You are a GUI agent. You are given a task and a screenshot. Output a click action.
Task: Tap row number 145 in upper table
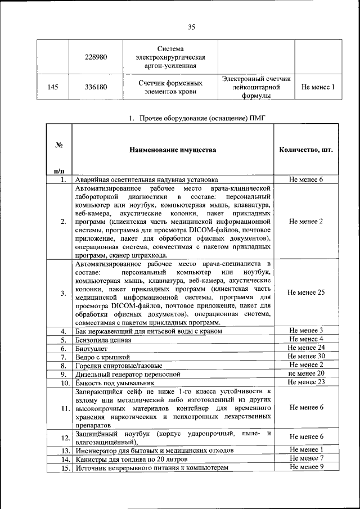point(53,87)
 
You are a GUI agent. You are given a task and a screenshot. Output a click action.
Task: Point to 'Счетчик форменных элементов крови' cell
point(170,87)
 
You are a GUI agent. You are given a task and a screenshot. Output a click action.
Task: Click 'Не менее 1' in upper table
point(318,87)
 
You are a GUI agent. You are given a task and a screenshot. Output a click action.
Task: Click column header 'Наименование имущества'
point(172,150)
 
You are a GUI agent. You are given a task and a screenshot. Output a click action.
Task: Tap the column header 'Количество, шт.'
point(305,150)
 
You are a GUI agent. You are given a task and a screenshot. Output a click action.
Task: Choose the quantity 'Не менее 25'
point(305,292)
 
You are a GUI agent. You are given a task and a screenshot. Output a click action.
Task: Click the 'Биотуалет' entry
point(92,348)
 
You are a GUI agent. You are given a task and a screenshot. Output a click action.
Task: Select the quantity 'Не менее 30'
point(305,356)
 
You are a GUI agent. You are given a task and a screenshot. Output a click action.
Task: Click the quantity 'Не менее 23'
point(305,382)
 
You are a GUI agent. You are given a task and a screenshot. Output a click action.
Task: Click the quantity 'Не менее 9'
point(305,467)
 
